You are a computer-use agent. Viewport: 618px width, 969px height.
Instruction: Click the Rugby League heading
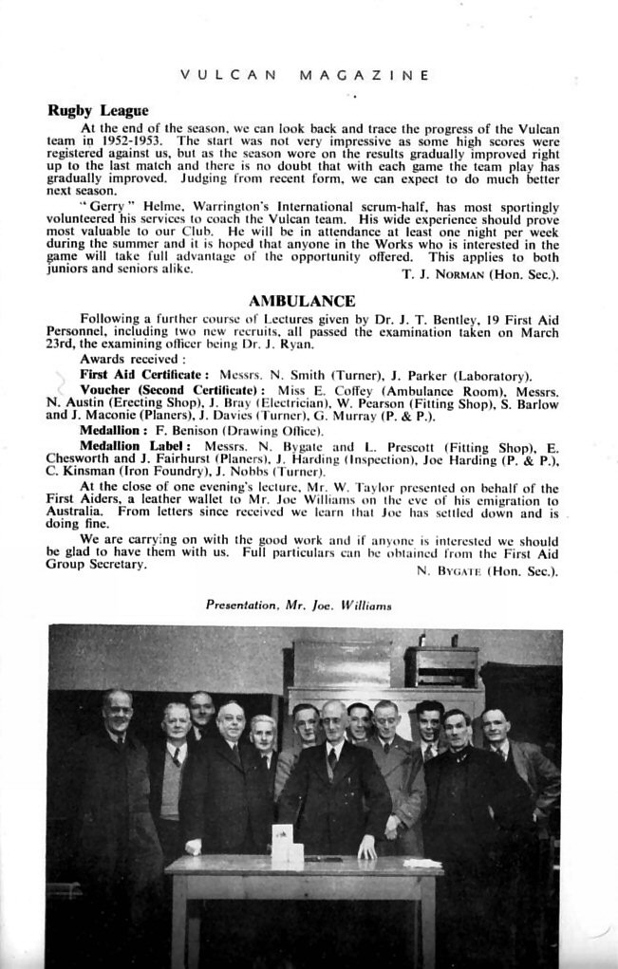coord(98,110)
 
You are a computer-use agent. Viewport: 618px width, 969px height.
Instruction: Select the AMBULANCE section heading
coord(301,302)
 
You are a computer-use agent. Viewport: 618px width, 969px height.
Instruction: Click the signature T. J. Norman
coord(458,275)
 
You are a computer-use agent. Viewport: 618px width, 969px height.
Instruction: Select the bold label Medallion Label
coord(136,445)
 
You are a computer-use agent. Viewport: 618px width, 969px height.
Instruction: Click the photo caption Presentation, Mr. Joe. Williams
coord(299,605)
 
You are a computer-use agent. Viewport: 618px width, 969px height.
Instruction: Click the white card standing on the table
coord(286,848)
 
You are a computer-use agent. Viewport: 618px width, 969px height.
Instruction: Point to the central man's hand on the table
coord(366,851)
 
